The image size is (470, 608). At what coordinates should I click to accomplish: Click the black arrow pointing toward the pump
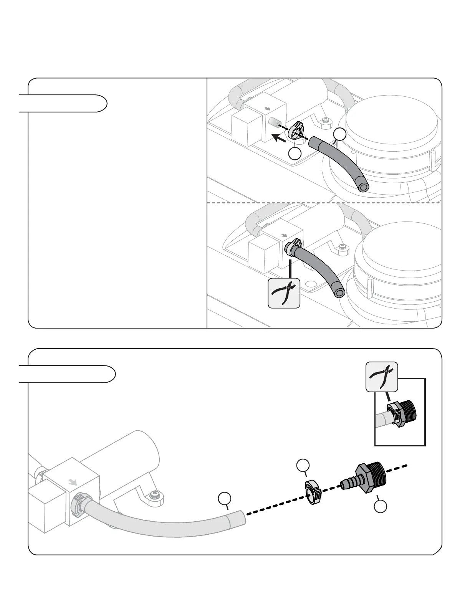(x=279, y=137)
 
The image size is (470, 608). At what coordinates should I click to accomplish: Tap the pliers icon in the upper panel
(x=284, y=293)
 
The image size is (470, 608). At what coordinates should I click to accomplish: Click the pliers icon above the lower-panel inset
(x=382, y=377)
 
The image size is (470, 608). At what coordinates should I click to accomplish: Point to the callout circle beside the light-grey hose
(x=225, y=499)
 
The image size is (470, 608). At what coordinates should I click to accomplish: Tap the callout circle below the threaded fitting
(x=380, y=507)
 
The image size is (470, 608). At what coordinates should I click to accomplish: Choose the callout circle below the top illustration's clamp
(x=295, y=154)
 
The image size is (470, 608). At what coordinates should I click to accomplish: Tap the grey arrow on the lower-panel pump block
(x=72, y=482)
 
